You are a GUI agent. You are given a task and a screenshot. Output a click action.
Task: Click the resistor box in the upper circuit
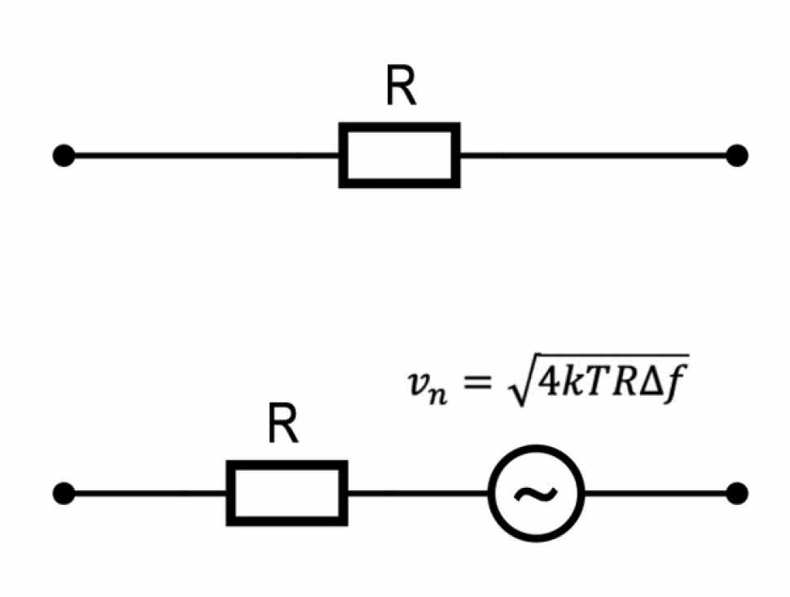(x=399, y=155)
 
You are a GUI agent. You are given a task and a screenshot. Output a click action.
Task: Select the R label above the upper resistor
(x=401, y=87)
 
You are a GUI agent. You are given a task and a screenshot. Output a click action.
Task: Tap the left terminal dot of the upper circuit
(x=64, y=155)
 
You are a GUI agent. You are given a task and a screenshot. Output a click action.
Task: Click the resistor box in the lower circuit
(x=287, y=493)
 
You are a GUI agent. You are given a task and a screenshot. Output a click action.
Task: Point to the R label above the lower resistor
(x=283, y=425)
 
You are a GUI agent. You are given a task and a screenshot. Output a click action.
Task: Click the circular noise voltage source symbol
(x=536, y=493)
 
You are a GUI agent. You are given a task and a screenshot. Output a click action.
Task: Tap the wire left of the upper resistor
(x=204, y=155)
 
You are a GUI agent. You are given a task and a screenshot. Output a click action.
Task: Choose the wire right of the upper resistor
(x=595, y=155)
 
